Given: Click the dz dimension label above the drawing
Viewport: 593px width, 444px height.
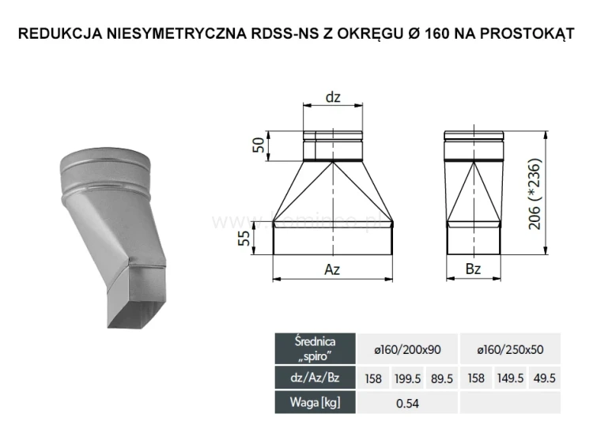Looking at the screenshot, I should [x=333, y=97].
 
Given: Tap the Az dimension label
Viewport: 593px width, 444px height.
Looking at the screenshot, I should [x=332, y=269].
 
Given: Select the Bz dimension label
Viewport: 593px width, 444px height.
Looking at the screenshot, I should [x=473, y=269].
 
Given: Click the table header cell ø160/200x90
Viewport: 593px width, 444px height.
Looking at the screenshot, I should [x=408, y=348].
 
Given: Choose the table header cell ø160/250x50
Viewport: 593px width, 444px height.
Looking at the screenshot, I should [x=510, y=348].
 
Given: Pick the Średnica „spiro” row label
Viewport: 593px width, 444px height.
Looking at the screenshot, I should [x=315, y=348].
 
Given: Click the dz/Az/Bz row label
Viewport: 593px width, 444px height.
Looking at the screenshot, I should [x=315, y=378].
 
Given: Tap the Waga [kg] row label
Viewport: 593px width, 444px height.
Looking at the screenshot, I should [x=315, y=403].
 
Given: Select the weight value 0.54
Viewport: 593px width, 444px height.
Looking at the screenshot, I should [x=408, y=403].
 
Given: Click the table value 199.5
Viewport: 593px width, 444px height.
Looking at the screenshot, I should [x=407, y=378].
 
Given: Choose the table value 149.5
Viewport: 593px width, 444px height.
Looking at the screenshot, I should [x=510, y=378].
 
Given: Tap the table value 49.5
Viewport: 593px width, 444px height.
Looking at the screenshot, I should [x=543, y=378].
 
